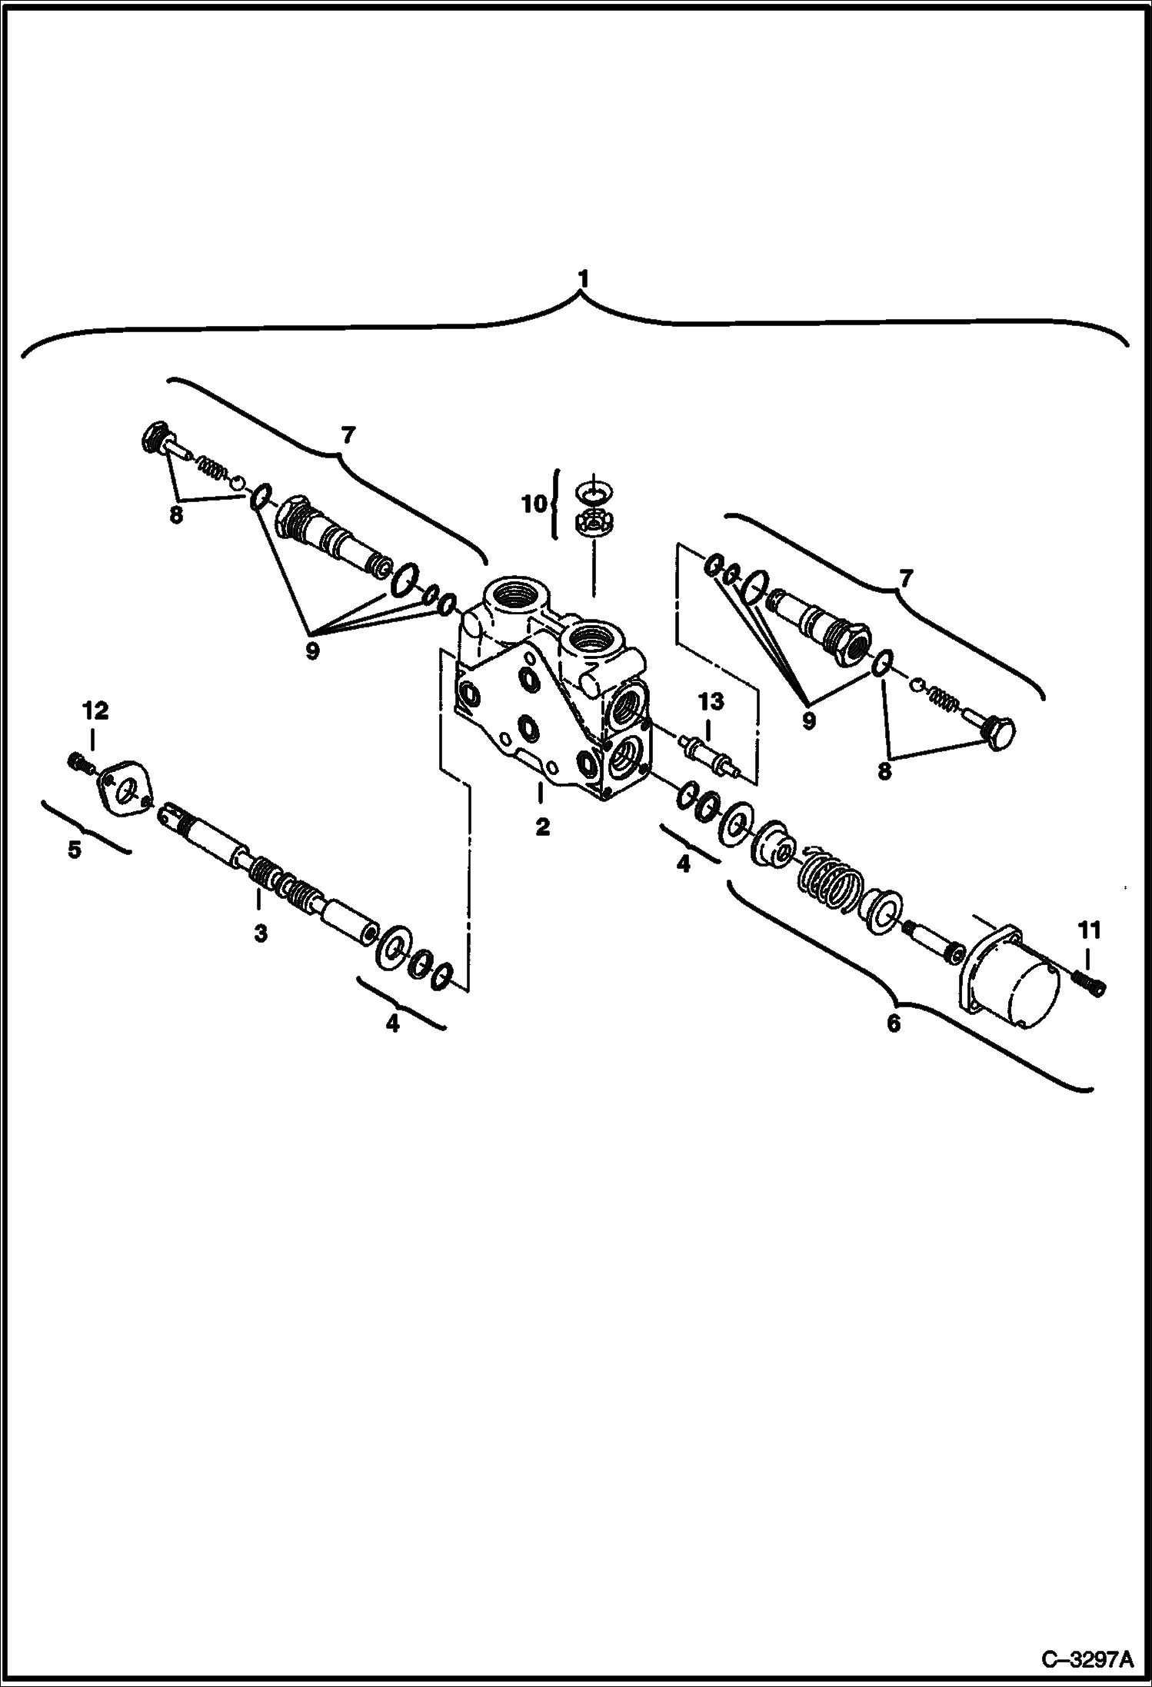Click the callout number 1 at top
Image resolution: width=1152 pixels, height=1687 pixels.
click(x=583, y=278)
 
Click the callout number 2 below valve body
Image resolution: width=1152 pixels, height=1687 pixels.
click(x=542, y=827)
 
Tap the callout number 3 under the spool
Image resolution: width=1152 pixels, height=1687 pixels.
click(x=261, y=933)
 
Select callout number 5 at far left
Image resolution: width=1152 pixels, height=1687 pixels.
click(x=74, y=850)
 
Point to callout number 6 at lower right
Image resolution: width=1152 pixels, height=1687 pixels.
click(x=893, y=1023)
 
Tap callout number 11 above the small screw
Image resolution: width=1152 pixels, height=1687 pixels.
click(x=1089, y=930)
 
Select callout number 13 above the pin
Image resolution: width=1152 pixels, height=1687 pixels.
click(x=711, y=700)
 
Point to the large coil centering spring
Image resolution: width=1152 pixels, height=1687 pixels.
click(x=830, y=881)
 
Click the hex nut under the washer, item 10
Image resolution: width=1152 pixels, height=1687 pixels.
click(x=592, y=524)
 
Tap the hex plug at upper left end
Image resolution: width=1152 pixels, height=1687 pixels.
click(x=156, y=439)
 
